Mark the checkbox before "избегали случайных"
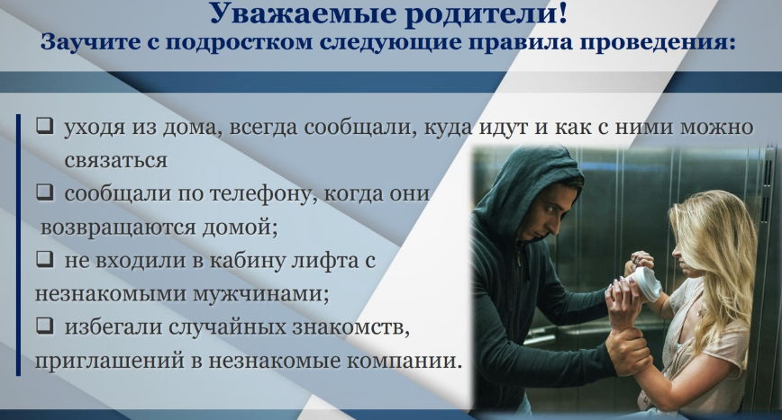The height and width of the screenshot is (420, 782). point(44,325)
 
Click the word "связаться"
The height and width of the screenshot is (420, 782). point(115,161)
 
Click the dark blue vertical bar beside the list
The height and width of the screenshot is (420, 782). point(18,245)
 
